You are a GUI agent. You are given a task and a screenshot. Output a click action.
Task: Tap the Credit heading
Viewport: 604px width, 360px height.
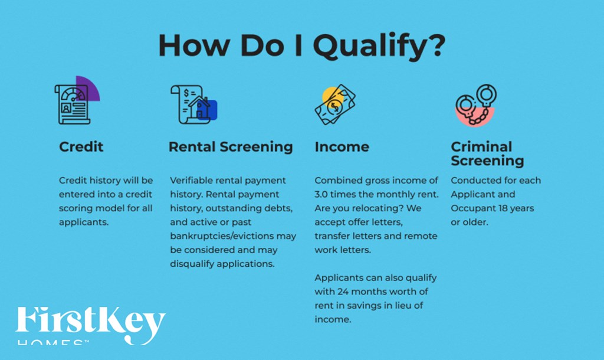point(81,147)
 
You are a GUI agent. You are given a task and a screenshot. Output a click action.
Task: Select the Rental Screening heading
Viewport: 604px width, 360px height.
point(231,147)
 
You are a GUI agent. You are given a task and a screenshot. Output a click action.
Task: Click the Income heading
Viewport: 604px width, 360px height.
point(342,147)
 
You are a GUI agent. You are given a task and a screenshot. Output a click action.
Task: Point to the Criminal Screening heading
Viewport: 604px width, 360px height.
point(487,153)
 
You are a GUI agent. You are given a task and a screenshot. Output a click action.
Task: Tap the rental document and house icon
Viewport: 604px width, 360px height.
point(194,104)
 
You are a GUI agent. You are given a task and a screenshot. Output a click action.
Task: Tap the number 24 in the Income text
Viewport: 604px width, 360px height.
point(344,292)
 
